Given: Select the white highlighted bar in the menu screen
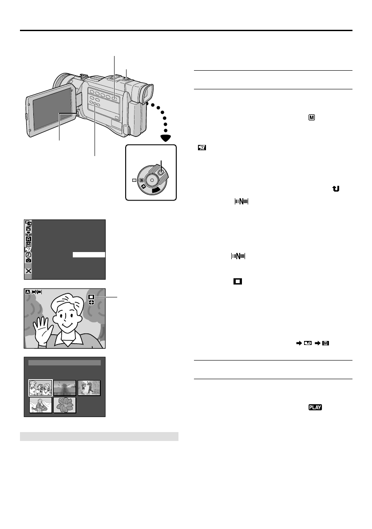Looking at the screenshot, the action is point(89,255).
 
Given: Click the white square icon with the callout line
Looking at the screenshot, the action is point(91,297).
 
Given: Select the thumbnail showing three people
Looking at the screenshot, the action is point(40,388).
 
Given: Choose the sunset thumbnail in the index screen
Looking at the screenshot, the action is point(65,388).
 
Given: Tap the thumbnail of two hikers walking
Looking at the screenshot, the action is point(89,388).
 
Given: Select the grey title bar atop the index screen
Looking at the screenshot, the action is point(64,363).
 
